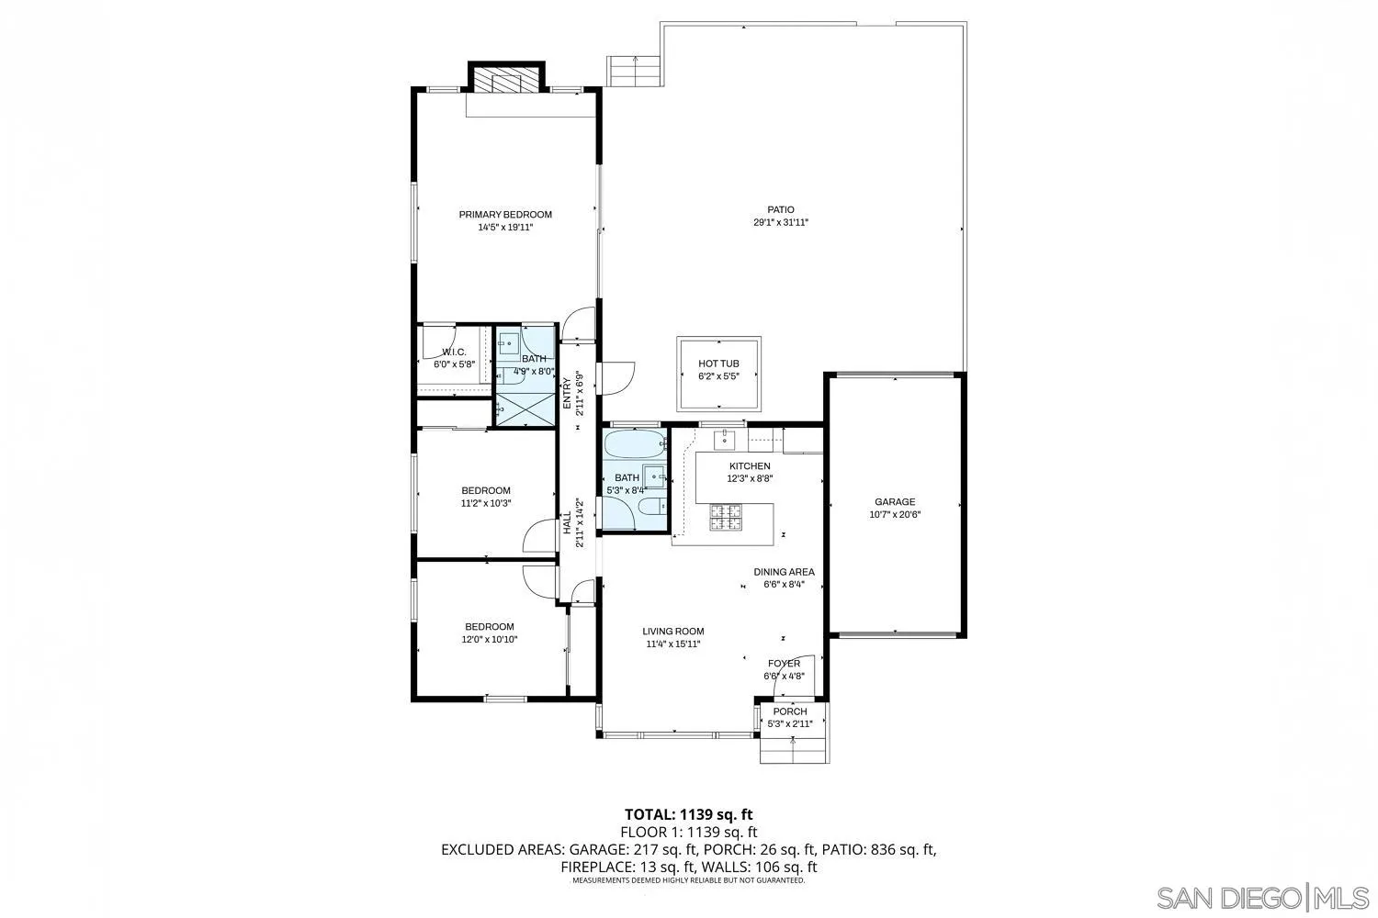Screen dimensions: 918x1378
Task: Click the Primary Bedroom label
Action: pyautogui.click(x=505, y=215)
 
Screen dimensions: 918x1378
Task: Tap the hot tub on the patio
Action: pyautogui.click(x=720, y=375)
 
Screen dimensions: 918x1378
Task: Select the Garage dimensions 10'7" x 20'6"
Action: pyautogui.click(x=894, y=515)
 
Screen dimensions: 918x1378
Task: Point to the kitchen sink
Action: pyautogui.click(x=724, y=440)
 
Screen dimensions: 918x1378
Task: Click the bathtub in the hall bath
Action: pyautogui.click(x=634, y=445)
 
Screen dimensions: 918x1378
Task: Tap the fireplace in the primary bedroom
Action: pyautogui.click(x=506, y=81)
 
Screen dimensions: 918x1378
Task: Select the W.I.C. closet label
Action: pyautogui.click(x=454, y=352)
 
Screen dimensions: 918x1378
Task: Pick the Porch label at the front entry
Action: pyautogui.click(x=789, y=711)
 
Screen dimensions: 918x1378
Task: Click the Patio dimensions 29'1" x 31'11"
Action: pyautogui.click(x=781, y=222)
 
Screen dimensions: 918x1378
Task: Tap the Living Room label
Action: pyautogui.click(x=672, y=632)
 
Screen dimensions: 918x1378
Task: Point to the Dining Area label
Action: pyautogui.click(x=784, y=572)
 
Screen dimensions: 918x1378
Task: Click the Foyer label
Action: pyautogui.click(x=784, y=664)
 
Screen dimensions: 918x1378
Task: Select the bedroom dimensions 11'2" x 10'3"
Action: pyautogui.click(x=485, y=503)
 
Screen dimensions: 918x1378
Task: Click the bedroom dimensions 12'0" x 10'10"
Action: pyautogui.click(x=489, y=640)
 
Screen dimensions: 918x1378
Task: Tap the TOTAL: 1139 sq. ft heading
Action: pyautogui.click(x=688, y=814)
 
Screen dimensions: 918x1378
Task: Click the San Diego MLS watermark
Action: pyautogui.click(x=1262, y=897)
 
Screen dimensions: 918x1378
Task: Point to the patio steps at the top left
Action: pyautogui.click(x=634, y=71)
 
